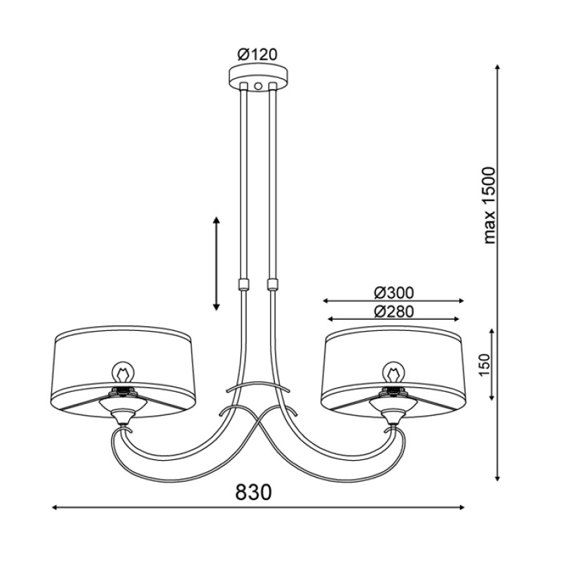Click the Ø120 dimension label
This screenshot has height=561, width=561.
(x=257, y=55)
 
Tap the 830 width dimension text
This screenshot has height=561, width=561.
(x=254, y=492)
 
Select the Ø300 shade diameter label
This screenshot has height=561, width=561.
(x=394, y=293)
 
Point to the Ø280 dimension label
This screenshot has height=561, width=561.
(x=394, y=312)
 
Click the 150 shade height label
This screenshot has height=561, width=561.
(x=484, y=365)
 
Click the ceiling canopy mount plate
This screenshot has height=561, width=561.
(x=259, y=77)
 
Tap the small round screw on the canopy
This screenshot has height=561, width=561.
(x=258, y=86)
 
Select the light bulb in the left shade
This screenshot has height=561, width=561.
(x=122, y=373)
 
